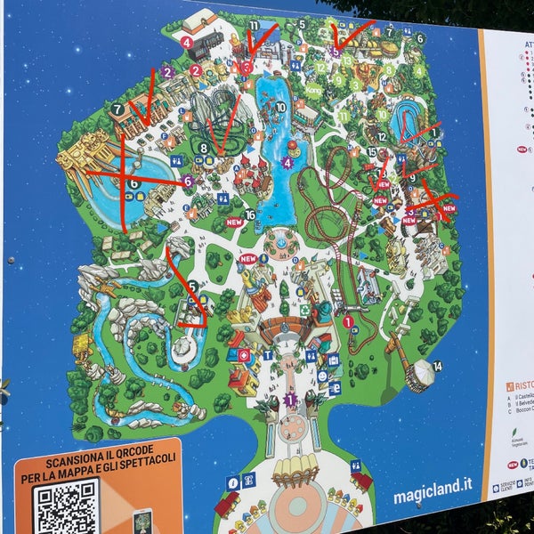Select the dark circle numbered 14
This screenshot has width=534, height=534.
[x=437, y=366]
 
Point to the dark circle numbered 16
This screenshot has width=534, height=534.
[x=251, y=215]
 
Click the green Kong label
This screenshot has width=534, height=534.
[x=313, y=90]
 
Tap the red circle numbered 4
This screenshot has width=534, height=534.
[x=187, y=42]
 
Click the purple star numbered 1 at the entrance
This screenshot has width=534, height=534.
[x=288, y=400]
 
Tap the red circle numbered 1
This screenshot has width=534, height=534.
[x=348, y=321]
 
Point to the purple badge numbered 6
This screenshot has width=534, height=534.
[x=188, y=181]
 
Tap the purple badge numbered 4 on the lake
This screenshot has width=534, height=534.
[x=287, y=163]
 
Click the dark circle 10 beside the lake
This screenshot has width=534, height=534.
[x=280, y=107]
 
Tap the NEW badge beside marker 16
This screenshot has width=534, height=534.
[x=234, y=222]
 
